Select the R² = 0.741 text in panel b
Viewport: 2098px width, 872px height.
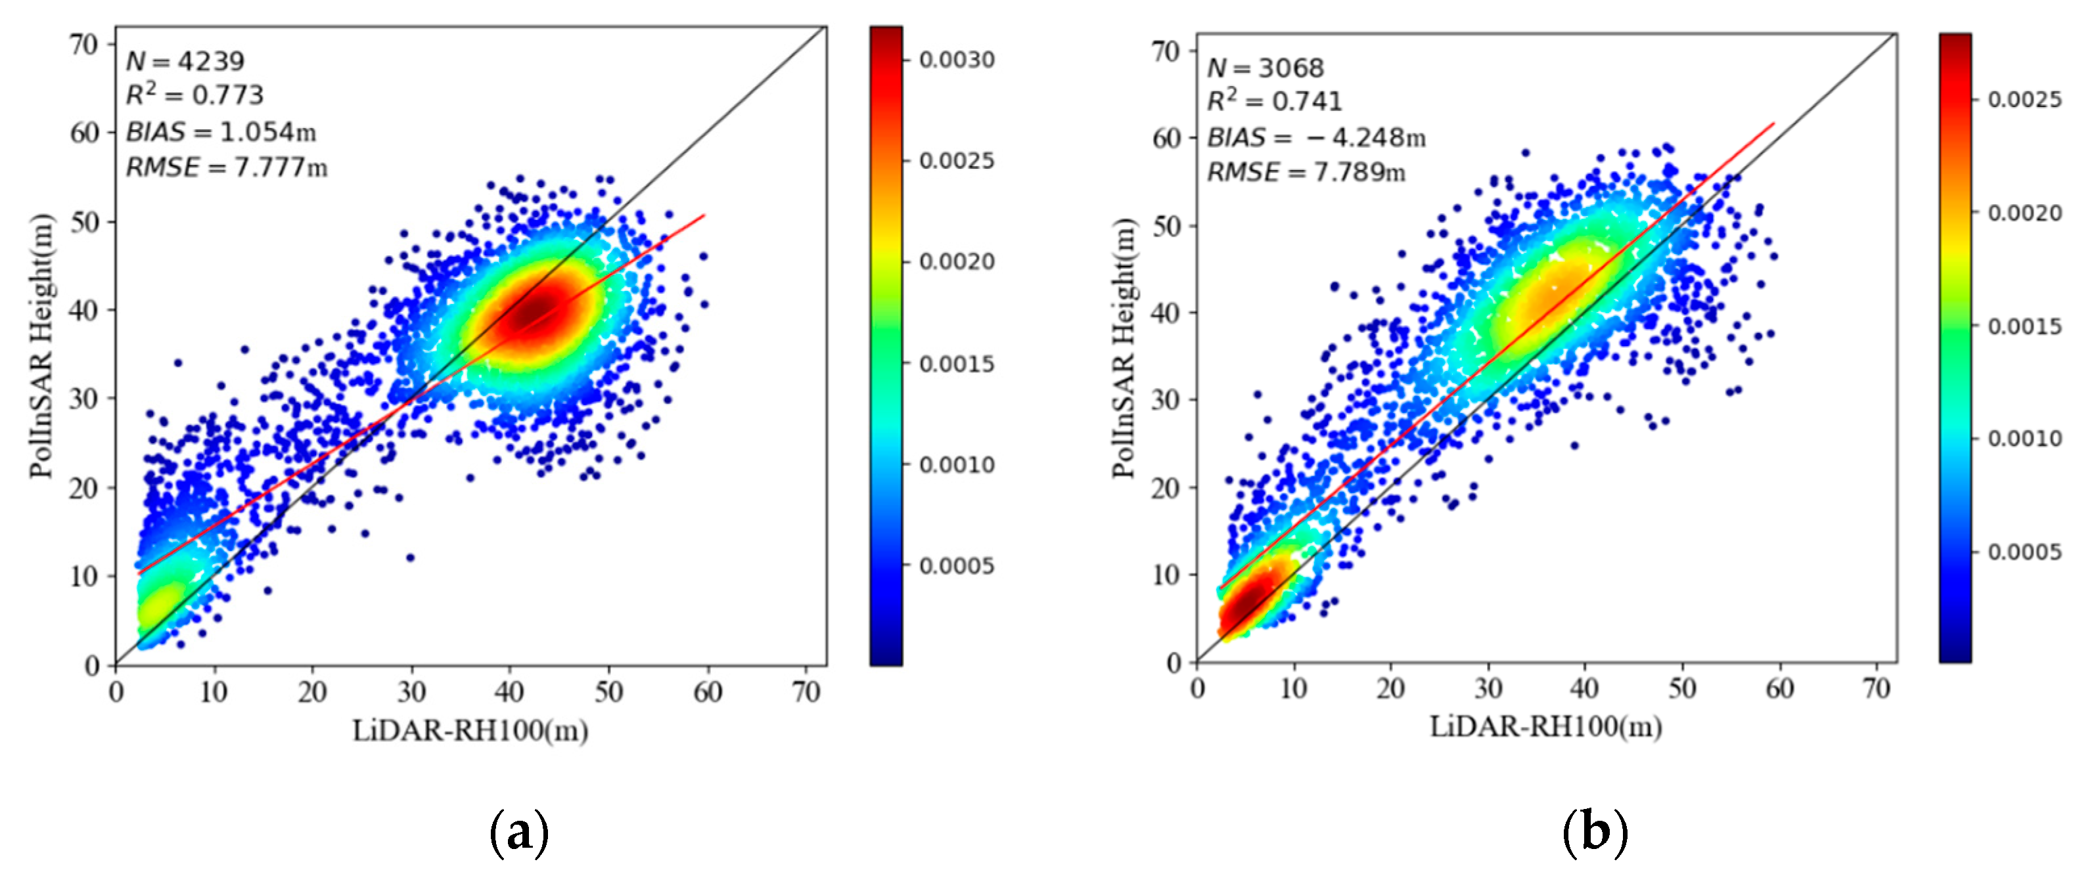tap(1274, 102)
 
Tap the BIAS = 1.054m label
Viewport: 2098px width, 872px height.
tap(221, 132)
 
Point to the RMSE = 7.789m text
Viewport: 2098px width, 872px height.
tap(1306, 173)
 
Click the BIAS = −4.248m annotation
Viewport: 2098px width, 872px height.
tap(1316, 138)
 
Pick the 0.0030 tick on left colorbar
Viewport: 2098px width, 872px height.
tap(957, 60)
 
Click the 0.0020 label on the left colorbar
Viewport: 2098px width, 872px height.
tap(957, 261)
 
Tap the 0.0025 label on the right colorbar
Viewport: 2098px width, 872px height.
tap(2024, 99)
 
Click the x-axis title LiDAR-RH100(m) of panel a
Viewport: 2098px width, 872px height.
tap(470, 730)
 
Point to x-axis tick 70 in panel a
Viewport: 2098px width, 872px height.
tap(806, 692)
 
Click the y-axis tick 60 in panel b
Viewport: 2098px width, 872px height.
tap(1166, 139)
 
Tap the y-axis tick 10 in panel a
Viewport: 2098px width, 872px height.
tap(84, 577)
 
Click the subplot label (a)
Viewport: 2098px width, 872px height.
tap(519, 832)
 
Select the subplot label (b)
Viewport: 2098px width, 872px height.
tap(1594, 832)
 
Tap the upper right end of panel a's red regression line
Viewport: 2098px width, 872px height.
tap(704, 215)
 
